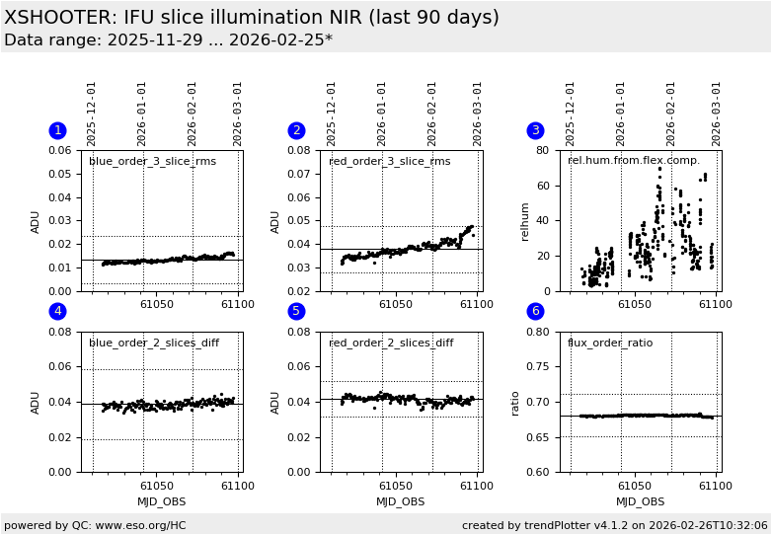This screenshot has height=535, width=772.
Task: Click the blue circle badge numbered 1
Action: (57, 130)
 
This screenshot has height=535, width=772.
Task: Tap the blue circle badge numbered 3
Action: (536, 130)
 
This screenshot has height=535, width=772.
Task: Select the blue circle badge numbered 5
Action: (296, 312)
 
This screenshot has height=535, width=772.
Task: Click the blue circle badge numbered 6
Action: (536, 312)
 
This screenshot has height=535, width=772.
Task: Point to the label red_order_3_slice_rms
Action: (389, 162)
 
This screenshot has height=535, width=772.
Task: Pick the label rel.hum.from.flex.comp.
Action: (633, 161)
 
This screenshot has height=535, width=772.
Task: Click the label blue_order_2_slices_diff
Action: (154, 344)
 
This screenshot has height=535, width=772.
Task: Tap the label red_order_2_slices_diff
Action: (391, 344)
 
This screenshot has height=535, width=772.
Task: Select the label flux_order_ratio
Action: (611, 344)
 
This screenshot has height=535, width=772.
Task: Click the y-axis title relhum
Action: (525, 221)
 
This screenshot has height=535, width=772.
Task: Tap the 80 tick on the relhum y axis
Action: (543, 151)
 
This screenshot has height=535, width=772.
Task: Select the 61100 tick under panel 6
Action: (715, 486)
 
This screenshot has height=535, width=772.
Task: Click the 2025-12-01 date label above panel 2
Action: (332, 114)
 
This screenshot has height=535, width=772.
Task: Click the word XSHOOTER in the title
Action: (59, 18)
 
